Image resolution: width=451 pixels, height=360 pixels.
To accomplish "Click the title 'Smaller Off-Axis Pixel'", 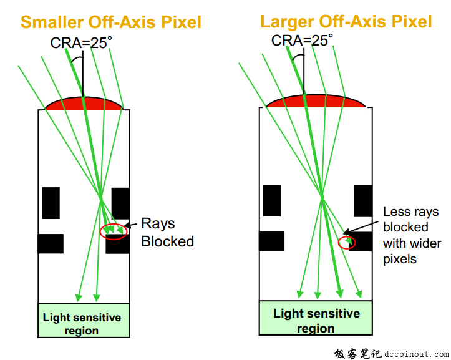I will pos(111,22).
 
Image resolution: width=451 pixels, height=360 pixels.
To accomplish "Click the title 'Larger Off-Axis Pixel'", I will pos(346,22).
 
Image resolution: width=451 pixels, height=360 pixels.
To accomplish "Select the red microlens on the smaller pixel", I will pos(84,104).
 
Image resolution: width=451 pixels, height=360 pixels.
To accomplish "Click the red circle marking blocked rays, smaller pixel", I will pos(114,231).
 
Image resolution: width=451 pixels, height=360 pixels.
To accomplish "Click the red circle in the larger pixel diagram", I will pos(347,242).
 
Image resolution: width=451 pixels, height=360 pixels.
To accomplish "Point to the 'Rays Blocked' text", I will pos(167,232).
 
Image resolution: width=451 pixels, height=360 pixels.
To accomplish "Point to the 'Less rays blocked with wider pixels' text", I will pos(410,235).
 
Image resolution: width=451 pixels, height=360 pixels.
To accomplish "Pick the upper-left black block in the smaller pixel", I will pos(51,203).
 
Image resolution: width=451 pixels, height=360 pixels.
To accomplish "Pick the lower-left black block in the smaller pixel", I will pos(51,243).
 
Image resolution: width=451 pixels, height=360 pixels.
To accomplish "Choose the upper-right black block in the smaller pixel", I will pos(120,203).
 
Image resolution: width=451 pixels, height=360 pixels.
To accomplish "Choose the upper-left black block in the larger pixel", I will pos(271,200).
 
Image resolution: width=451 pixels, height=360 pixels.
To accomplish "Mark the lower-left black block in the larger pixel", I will pos(271,241).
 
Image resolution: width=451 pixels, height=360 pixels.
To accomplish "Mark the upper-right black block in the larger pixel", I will pos(363,200).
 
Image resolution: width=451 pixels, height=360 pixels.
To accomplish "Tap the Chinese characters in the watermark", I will pos(357,353).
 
